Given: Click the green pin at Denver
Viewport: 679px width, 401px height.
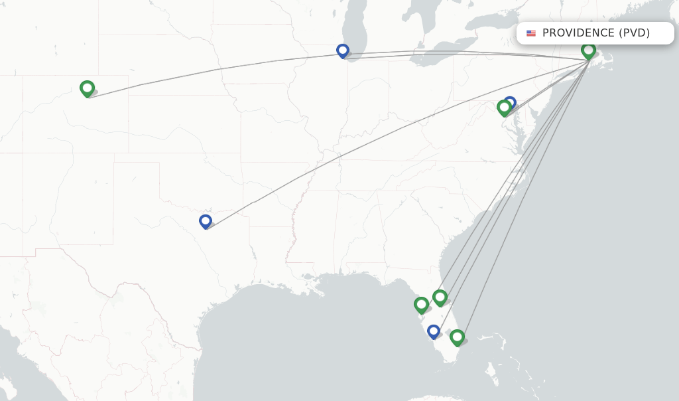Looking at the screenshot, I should point(87,88).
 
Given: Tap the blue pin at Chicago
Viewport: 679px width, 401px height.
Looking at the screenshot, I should point(343,50).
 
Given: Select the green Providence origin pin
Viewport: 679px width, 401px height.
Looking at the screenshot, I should point(588,50).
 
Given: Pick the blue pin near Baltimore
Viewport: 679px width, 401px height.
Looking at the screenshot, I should point(510,102).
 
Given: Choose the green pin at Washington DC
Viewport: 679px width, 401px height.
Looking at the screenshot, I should point(504,107).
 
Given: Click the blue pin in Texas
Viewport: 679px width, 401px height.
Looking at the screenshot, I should point(206,220).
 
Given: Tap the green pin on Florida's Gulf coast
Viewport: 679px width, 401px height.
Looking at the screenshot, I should point(421,305).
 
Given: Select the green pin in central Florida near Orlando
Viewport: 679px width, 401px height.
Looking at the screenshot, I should point(440,297).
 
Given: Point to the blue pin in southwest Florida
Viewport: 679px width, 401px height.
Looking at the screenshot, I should point(434,331).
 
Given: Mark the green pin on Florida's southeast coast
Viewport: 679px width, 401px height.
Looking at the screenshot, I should point(457,337).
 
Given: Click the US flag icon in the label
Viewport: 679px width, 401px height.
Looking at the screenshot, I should point(531,33).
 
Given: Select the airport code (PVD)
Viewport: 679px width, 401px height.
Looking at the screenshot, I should point(634,33).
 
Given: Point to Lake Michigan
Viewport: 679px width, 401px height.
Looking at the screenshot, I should point(355,27).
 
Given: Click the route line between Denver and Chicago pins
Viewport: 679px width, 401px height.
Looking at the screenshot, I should point(219,69).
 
